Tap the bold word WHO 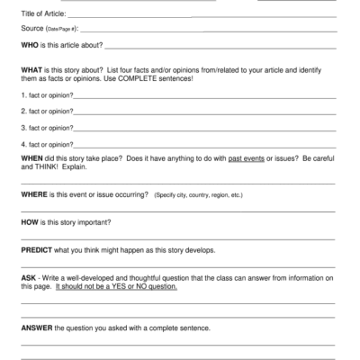31,44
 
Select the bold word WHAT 32,69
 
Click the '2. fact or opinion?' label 47,111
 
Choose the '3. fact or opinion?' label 47,127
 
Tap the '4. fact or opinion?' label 47,143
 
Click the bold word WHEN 32,156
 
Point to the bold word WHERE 35,193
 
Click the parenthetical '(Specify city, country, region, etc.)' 198,194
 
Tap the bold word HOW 30,221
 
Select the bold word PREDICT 38,249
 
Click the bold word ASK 29,278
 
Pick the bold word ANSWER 37,328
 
